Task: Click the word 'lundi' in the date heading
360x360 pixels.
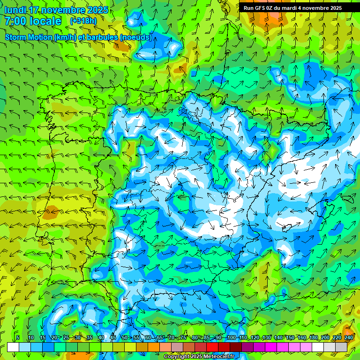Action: click(15, 10)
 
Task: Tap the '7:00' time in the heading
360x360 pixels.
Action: click(15, 21)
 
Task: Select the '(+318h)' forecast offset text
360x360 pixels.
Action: click(83, 21)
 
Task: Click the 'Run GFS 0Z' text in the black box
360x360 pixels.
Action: click(259, 8)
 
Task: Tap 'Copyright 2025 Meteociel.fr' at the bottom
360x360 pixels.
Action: click(199, 356)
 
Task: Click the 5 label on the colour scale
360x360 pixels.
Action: click(18, 337)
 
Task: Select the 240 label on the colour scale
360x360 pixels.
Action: click(348, 337)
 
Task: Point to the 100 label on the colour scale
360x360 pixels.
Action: click(231, 337)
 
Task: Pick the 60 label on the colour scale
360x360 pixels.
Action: click(148, 337)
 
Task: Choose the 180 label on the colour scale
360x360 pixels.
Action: click(313, 337)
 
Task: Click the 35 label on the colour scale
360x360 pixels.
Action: click(90, 337)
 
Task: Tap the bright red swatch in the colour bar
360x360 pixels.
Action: click(212, 347)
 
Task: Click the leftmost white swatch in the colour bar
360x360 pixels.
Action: click(13, 347)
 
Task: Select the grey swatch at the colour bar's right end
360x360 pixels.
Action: click(341, 347)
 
